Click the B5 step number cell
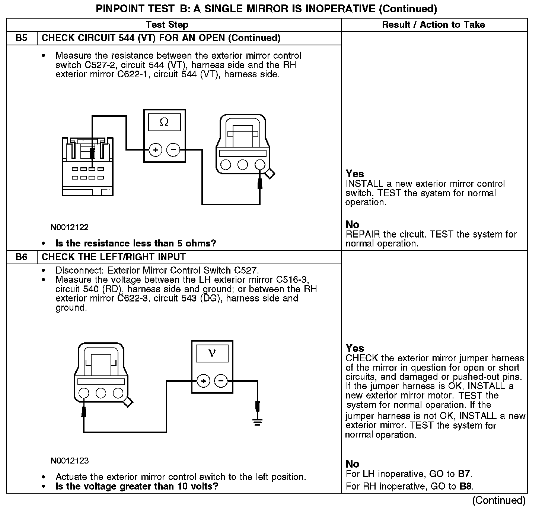[x=22, y=38]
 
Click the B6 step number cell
[x=22, y=257]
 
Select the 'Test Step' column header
[x=167, y=25]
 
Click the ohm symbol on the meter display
[x=164, y=122]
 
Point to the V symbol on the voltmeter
[x=212, y=353]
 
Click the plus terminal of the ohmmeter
[x=155, y=150]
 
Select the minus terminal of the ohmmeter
[x=173, y=150]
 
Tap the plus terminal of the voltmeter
[x=203, y=381]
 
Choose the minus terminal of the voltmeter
[x=221, y=381]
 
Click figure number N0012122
[x=70, y=227]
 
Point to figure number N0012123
[x=70, y=461]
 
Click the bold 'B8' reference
[x=466, y=486]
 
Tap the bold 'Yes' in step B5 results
[x=354, y=174]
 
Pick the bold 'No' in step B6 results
[x=352, y=464]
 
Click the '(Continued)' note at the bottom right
[x=499, y=500]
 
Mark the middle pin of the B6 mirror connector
[x=101, y=393]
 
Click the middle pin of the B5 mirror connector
[x=243, y=164]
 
